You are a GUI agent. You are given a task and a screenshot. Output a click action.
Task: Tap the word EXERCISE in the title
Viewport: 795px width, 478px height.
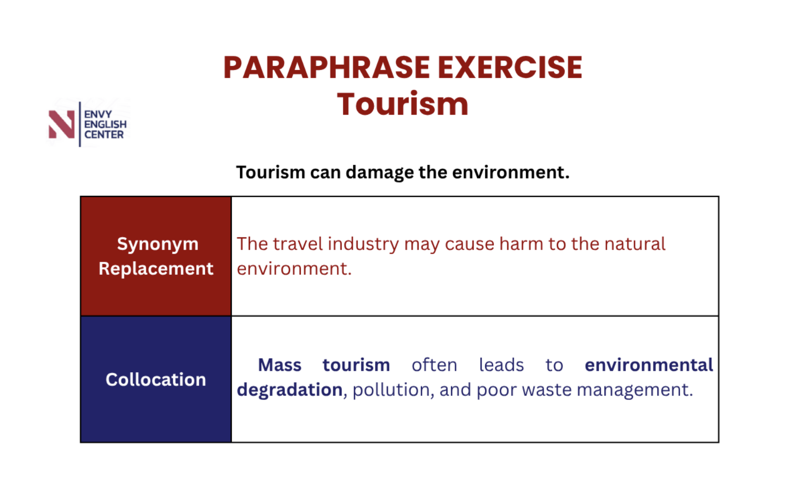510,67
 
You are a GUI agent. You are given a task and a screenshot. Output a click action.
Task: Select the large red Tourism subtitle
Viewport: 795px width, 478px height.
403,104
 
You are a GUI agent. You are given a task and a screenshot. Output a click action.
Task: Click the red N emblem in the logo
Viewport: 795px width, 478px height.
61,124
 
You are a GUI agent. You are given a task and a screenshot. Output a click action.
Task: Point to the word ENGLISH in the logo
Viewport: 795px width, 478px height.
105,124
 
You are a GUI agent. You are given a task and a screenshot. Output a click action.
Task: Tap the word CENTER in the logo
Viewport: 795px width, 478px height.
104,135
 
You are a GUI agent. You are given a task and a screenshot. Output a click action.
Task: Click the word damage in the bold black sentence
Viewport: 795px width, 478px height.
380,173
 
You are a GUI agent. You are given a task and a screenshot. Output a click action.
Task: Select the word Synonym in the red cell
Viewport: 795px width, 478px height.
158,245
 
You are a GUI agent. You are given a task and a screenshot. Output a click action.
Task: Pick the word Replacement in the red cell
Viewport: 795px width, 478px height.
156,269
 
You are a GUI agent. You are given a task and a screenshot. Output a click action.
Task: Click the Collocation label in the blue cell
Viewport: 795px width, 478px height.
156,379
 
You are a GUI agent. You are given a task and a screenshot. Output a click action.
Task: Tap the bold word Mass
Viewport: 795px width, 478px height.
280,365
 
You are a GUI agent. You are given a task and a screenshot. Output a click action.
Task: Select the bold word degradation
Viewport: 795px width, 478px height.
290,390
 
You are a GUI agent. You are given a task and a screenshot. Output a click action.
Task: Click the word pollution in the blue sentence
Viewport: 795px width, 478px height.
391,390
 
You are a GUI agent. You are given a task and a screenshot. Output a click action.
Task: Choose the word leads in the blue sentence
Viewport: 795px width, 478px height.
501,365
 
